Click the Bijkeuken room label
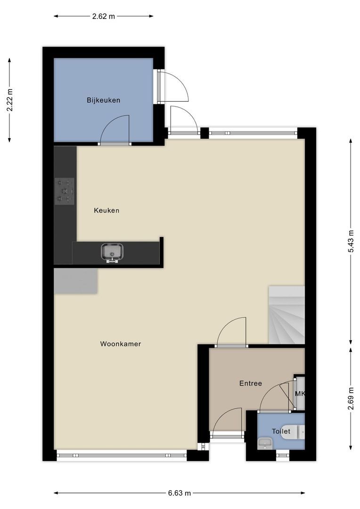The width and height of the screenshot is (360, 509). click(103, 100)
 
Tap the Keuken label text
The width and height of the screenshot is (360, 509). click(106, 210)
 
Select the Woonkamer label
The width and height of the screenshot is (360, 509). click(121, 344)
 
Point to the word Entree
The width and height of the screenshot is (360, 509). click(250, 383)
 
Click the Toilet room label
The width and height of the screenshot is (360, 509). click(281, 431)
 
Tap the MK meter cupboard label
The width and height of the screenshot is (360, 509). click(300, 394)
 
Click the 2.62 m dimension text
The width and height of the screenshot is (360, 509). click(104, 16)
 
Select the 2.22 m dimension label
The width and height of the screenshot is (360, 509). click(10, 100)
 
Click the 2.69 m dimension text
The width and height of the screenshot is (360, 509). click(351, 399)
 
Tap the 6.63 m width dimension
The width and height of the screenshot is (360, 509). click(180, 493)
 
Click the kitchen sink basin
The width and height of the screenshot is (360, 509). click(112, 252)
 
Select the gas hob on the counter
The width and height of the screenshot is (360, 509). click(65, 191)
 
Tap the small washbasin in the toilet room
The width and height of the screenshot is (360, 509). click(265, 443)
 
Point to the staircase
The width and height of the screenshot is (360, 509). click(286, 314)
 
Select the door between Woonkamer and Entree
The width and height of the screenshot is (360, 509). click(231, 332)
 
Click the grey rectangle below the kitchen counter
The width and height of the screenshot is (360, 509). click(76, 281)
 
